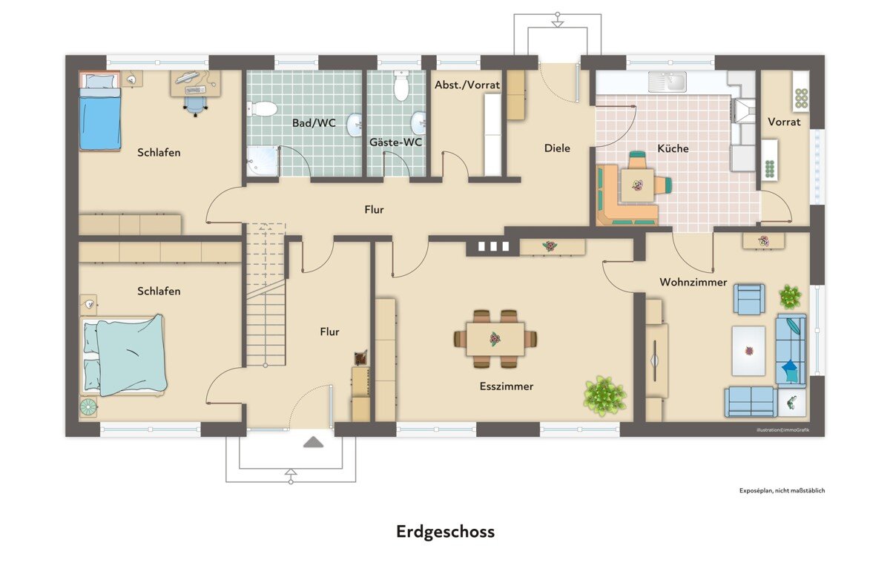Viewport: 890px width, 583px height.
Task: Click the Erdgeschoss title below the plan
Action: [x=446, y=532]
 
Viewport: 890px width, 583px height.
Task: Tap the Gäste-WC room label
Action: [x=396, y=142]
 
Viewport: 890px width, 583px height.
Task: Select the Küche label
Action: [x=673, y=148]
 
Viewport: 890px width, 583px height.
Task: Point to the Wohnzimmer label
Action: [x=693, y=282]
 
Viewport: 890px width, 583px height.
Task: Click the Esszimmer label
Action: [x=507, y=386]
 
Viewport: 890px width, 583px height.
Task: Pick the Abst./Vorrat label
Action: [x=467, y=85]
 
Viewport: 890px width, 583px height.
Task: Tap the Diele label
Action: [x=557, y=148]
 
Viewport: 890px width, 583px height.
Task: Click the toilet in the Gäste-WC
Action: [x=401, y=85]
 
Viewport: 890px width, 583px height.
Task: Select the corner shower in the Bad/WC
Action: [x=263, y=161]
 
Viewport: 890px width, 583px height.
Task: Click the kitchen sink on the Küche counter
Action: [x=667, y=82]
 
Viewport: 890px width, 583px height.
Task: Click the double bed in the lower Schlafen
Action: [x=123, y=356]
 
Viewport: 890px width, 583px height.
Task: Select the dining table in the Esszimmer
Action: [x=495, y=339]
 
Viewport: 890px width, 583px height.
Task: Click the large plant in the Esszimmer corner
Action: [x=604, y=396]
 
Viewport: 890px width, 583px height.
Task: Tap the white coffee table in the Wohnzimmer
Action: [x=748, y=351]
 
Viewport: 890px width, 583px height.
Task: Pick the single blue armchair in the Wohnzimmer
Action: [x=749, y=299]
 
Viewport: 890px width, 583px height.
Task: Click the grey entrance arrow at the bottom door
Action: [x=313, y=442]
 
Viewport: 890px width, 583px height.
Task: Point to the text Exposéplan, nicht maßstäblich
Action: [x=782, y=490]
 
